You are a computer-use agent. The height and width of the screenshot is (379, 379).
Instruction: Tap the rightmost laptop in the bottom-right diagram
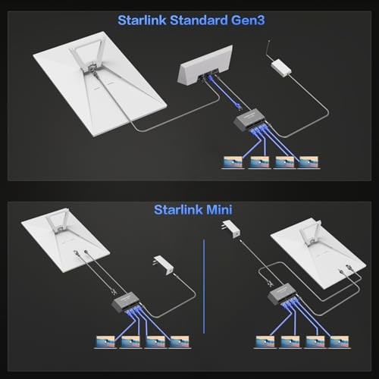coord(339,343)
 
